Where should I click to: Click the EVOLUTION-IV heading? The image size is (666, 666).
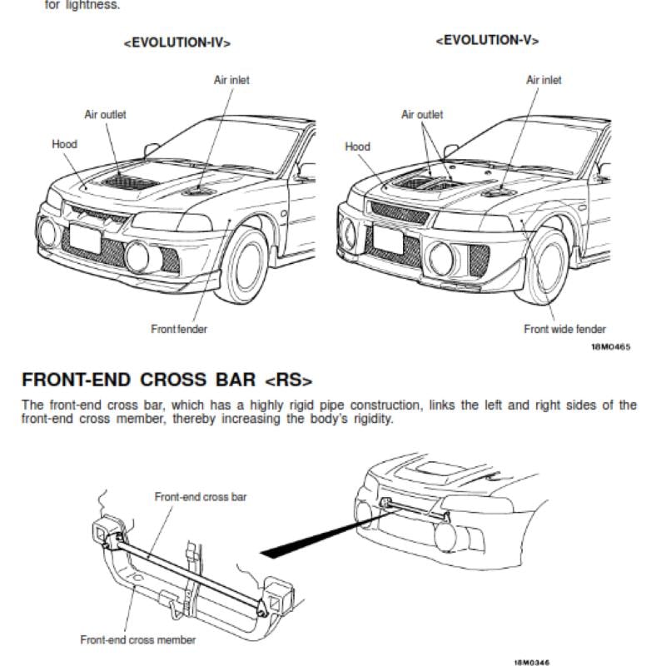point(177,43)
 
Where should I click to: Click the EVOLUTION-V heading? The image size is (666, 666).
point(487,40)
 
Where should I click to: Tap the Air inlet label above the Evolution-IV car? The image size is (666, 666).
point(231,80)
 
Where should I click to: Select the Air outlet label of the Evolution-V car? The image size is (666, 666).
point(422,114)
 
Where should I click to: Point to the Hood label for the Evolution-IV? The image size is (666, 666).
point(65,144)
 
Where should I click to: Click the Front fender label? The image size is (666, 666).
point(179,329)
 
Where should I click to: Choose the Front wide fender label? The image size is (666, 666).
point(564,329)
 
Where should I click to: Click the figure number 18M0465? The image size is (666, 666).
point(611,347)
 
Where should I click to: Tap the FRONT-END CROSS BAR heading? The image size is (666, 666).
point(167,380)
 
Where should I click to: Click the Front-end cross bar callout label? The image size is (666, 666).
point(201,496)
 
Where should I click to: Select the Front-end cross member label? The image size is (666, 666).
point(138,639)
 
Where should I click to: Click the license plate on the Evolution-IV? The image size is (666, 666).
point(86,239)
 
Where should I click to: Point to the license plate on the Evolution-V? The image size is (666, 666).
point(388,239)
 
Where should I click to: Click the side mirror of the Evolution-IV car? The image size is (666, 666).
point(151,150)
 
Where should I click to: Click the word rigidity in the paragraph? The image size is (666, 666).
point(374,420)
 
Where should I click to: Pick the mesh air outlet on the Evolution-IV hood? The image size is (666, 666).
point(130,182)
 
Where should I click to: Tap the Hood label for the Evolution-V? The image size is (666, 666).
point(358,147)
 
